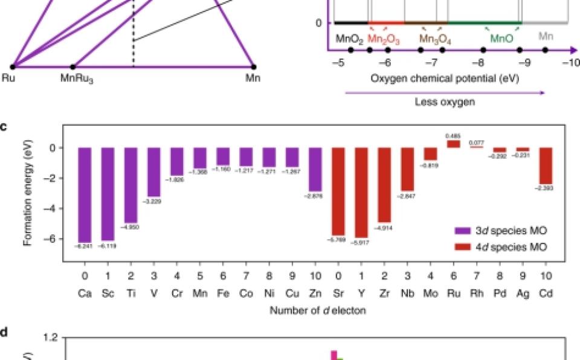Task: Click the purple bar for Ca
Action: click(86, 194)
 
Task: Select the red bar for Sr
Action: click(338, 191)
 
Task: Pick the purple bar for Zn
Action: click(314, 169)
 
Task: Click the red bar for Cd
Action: click(544, 166)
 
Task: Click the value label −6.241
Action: click(86, 246)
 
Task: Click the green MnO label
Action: click(502, 39)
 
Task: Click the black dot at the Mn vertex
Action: click(254, 66)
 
